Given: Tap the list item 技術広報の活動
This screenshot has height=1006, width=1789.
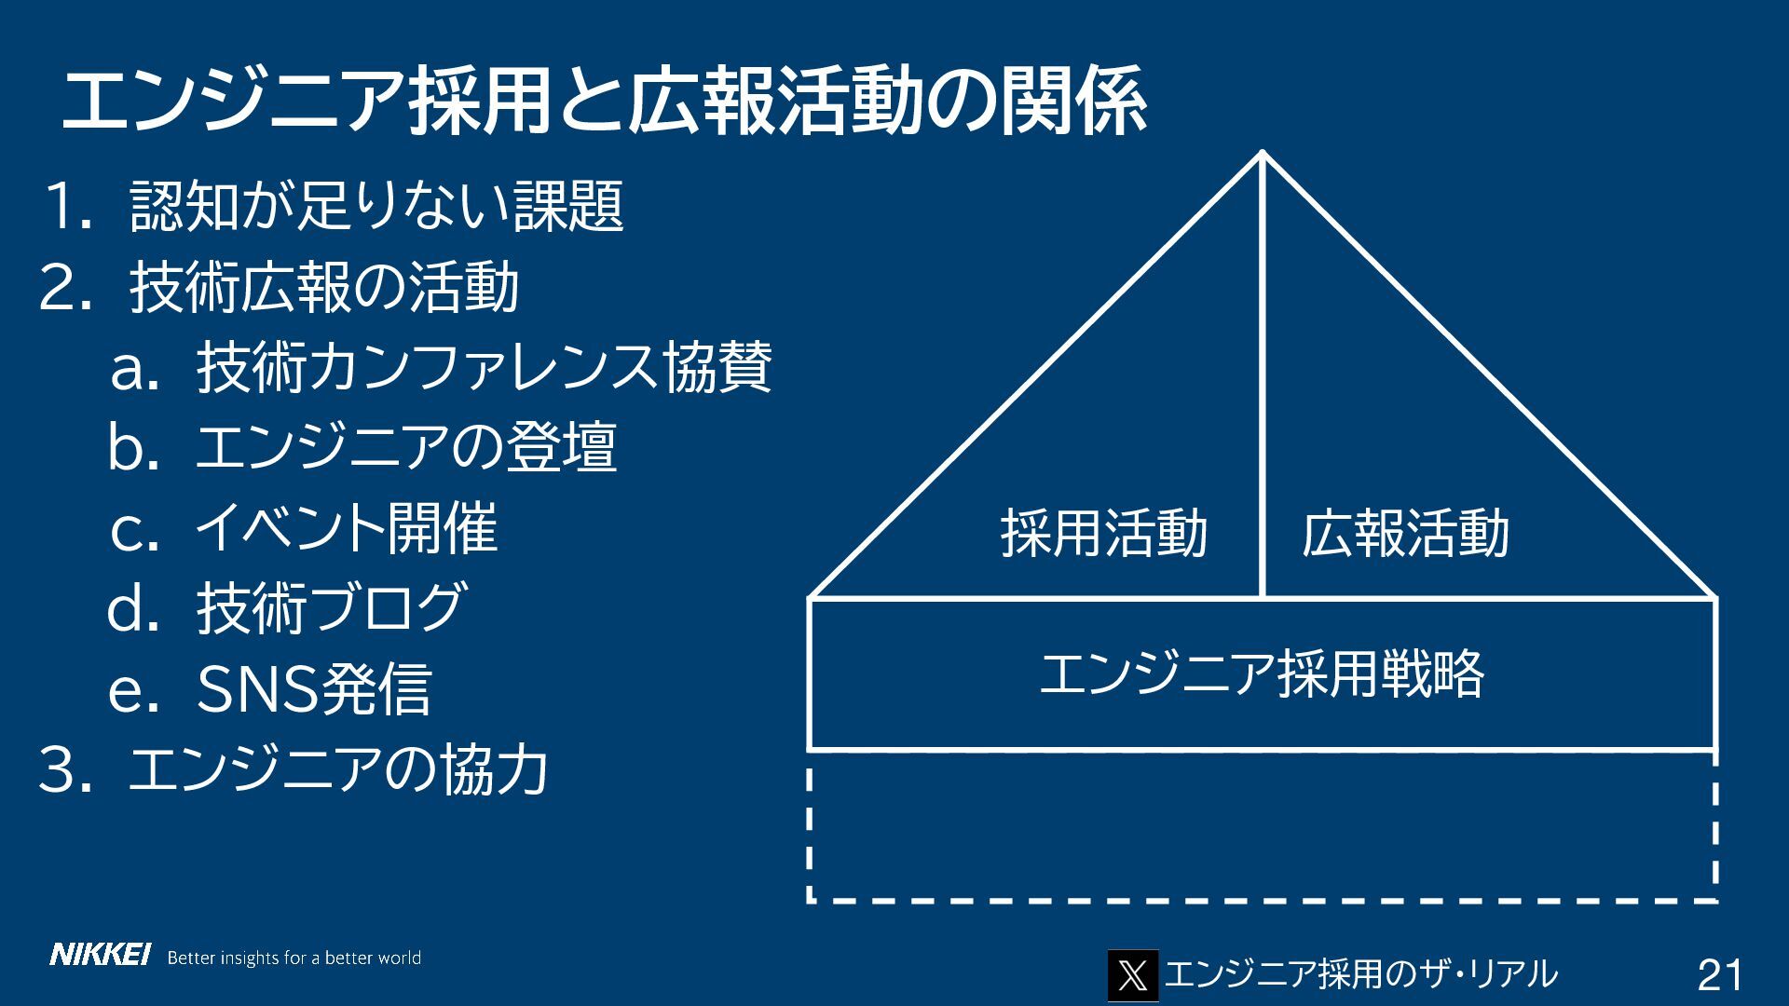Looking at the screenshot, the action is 323,287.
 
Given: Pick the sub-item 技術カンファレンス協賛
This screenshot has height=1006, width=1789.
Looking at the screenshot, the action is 484,368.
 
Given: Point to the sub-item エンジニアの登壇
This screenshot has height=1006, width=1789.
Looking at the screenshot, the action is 406,447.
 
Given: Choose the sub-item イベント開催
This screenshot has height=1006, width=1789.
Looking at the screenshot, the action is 346,528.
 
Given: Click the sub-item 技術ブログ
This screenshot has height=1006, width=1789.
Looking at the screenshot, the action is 330,608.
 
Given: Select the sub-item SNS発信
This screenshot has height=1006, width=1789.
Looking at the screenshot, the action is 314,689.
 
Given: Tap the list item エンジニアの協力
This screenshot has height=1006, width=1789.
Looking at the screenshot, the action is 337,770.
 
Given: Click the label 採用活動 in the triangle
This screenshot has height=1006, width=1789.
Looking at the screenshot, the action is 1103,534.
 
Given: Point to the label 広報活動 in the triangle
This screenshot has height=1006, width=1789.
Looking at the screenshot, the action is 1405,534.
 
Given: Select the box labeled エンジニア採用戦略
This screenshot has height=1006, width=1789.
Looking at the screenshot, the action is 1262,674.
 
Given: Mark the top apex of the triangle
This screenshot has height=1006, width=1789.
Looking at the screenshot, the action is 1263,154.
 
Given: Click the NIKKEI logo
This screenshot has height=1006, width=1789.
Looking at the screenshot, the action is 100,956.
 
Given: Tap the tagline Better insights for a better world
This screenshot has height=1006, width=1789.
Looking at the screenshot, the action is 294,958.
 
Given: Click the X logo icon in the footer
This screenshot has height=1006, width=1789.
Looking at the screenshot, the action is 1132,975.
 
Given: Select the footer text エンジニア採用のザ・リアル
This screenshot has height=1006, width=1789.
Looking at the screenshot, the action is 1361,974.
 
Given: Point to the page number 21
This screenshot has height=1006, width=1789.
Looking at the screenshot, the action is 1720,975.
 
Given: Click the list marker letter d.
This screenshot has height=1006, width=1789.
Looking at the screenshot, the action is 130,609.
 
